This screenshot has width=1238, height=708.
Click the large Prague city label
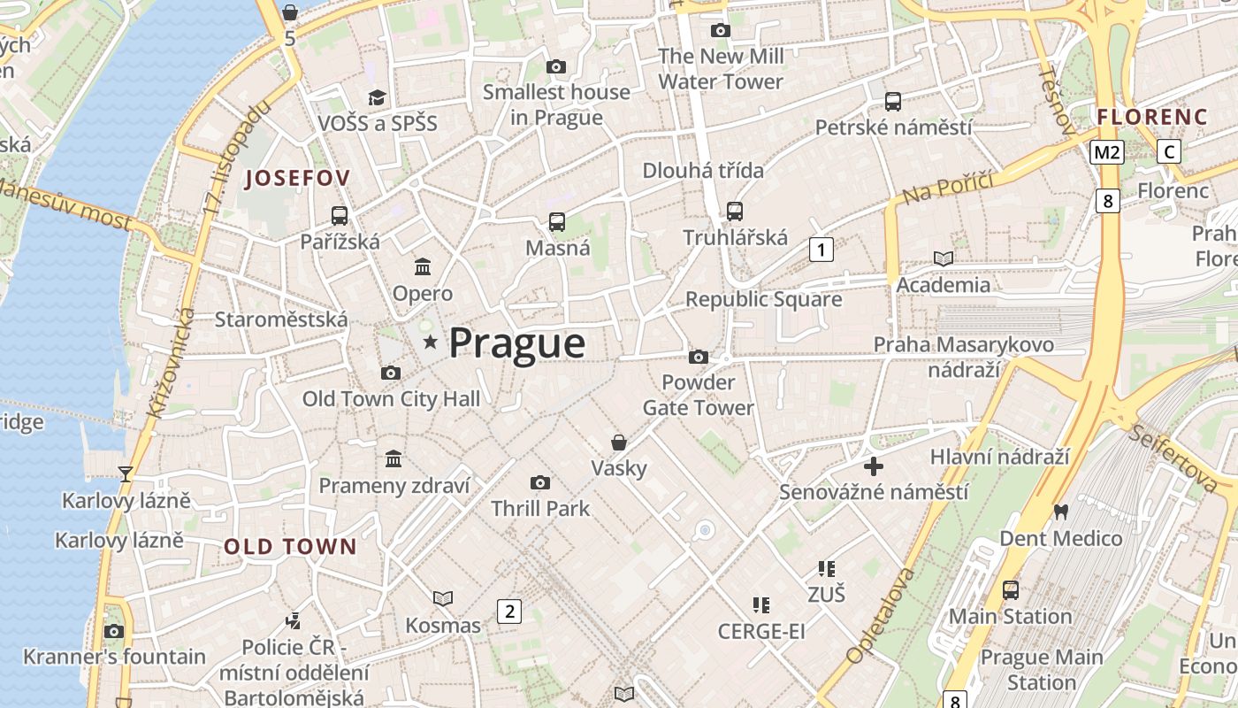tap(517, 343)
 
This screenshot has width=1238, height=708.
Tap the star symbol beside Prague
tap(431, 342)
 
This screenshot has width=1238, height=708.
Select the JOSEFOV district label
tap(297, 178)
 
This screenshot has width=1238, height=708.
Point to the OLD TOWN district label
tap(290, 546)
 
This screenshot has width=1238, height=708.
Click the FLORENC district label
tap(1152, 117)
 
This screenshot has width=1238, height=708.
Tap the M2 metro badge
tap(1106, 152)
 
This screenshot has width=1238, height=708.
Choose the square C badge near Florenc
tap(1169, 151)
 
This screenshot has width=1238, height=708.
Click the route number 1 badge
tap(822, 250)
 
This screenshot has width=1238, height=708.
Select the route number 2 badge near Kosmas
tap(508, 611)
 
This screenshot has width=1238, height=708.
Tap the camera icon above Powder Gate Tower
tap(699, 357)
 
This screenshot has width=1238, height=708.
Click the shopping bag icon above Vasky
tap(619, 442)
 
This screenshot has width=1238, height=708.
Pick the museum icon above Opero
tap(423, 266)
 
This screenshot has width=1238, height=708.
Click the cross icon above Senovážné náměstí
tap(874, 466)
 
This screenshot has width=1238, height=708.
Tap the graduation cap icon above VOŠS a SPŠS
tap(378, 97)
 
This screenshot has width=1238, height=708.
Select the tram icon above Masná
tap(557, 222)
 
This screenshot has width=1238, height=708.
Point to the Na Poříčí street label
tap(949, 187)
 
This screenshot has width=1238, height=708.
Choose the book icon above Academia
tap(944, 258)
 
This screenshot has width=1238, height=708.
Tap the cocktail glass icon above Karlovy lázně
tap(126, 474)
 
